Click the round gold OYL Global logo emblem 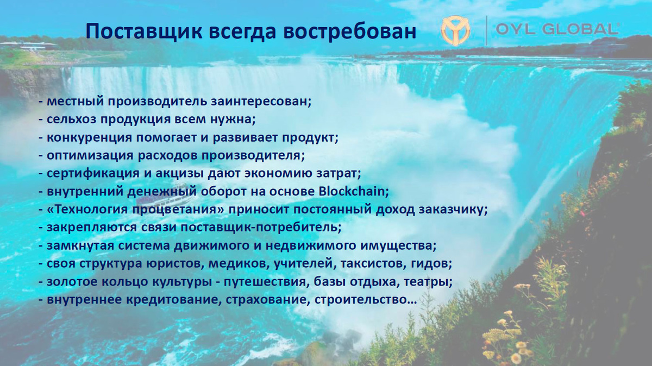[455, 31]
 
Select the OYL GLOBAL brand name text [557, 29]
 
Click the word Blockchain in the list [354, 192]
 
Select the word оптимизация [90, 155]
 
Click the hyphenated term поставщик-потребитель [261, 228]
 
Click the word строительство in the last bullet [366, 300]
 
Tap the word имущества [399, 245]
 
